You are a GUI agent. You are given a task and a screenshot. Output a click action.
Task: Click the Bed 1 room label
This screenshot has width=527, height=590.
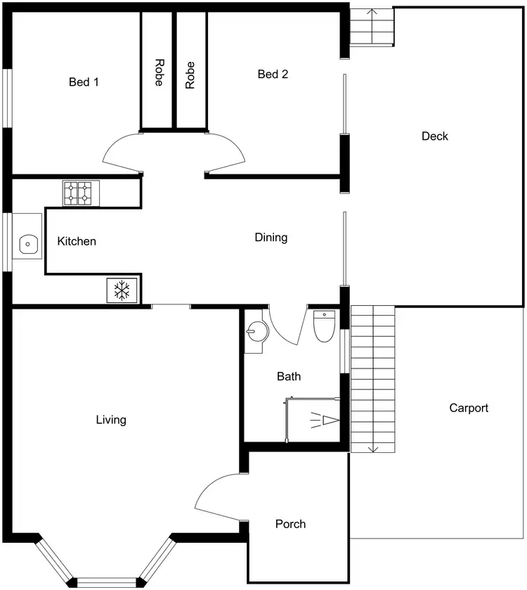(x=84, y=82)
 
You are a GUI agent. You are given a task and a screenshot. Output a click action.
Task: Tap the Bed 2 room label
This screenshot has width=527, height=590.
(x=273, y=74)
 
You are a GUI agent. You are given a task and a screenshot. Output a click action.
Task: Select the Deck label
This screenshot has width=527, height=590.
(x=434, y=136)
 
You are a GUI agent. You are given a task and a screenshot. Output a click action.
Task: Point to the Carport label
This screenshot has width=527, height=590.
(x=468, y=408)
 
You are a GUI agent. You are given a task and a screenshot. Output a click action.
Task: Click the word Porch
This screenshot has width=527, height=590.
(x=290, y=524)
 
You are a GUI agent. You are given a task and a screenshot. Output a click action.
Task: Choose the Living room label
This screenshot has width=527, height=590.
(x=111, y=420)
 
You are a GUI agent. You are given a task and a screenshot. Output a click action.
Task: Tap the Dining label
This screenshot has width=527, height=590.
(x=271, y=237)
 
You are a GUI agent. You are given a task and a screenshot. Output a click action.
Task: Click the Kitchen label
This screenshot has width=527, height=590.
(x=77, y=241)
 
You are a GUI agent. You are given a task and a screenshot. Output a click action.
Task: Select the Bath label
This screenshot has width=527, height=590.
(x=288, y=376)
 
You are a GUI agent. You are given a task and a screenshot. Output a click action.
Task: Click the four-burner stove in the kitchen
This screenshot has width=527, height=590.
(x=79, y=193)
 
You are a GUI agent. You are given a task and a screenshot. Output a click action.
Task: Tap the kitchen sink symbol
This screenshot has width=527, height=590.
(x=27, y=244)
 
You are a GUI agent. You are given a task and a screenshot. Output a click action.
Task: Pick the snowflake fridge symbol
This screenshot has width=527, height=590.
(x=123, y=290)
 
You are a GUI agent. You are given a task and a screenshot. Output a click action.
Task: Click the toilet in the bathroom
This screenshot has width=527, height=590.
(x=324, y=326)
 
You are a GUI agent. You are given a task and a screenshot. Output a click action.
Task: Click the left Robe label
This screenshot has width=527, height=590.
(x=158, y=72)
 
